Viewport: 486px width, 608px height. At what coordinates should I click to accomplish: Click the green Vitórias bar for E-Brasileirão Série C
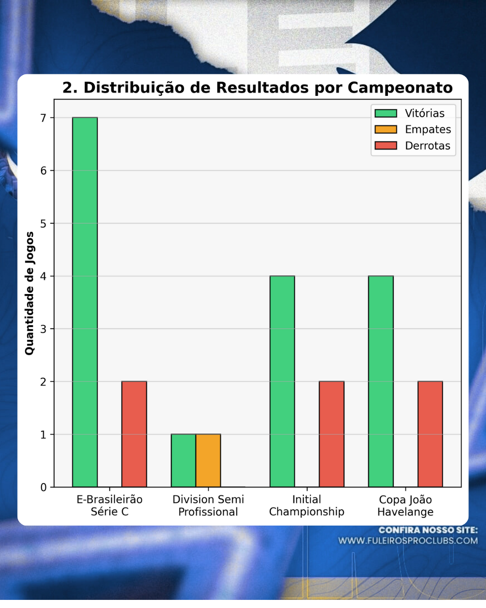[85, 302]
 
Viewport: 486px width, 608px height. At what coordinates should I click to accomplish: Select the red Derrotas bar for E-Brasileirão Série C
[134, 434]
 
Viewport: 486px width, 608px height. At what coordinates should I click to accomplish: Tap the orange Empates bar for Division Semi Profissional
[208, 460]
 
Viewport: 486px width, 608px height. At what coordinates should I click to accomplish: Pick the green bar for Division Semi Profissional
[183, 460]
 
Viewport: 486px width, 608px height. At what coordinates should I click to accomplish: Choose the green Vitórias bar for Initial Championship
[282, 381]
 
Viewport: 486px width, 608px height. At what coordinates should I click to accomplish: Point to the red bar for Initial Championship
[332, 434]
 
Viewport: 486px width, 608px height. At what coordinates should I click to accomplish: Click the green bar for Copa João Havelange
[381, 381]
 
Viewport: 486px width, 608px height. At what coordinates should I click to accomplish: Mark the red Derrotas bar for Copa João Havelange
[430, 434]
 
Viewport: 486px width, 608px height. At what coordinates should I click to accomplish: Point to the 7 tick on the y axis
[43, 118]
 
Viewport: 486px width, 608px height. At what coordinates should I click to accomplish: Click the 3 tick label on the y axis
[43, 329]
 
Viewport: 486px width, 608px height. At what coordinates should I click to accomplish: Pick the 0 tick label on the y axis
[43, 487]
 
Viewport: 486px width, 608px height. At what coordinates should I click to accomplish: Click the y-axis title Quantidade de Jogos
[29, 293]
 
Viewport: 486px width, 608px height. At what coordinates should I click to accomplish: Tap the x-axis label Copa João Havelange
[405, 506]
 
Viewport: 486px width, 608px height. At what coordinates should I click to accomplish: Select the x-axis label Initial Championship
[306, 506]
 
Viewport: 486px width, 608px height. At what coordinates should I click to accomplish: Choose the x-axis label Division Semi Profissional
[208, 506]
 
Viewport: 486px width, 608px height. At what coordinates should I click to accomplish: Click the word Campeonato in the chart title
[400, 87]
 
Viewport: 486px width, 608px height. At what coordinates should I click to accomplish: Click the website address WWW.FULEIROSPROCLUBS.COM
[408, 540]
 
